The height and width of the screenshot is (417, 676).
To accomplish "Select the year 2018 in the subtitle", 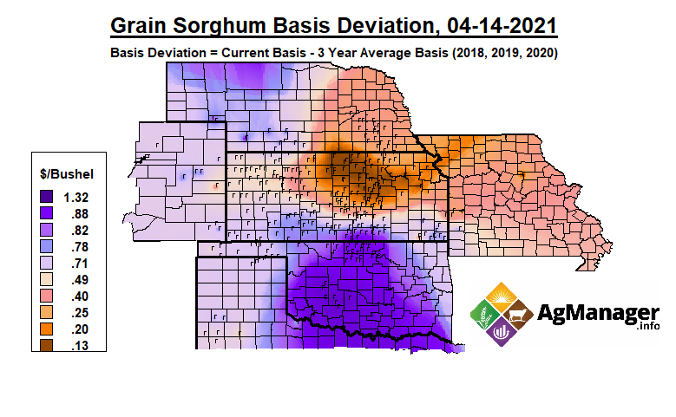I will (x=457, y=53).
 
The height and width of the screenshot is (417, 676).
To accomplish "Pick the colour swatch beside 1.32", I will (x=47, y=197).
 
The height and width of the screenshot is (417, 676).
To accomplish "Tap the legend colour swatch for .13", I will (x=47, y=346).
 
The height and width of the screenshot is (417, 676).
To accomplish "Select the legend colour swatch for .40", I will (x=47, y=296).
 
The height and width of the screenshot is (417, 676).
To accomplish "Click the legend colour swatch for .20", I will (x=47, y=329).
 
